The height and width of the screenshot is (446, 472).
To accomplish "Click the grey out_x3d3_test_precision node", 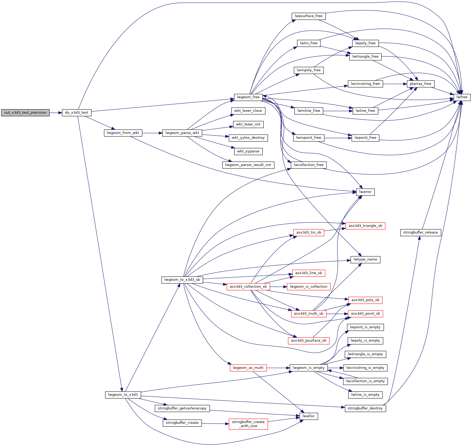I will (25, 113).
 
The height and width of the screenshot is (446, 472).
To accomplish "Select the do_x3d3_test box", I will (77, 113).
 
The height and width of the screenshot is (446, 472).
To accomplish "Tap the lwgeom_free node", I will (248, 97).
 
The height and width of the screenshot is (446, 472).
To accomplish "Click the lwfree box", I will (462, 97).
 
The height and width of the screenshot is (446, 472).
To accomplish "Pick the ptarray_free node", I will (421, 84).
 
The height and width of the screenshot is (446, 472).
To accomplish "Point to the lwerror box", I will (365, 192).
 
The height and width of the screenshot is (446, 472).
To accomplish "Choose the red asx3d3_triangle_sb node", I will (365, 226).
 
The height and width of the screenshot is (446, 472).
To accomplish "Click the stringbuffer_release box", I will (420, 232).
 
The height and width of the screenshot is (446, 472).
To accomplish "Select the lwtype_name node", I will (365, 259).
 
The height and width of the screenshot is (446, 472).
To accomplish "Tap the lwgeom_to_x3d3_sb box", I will (182, 280).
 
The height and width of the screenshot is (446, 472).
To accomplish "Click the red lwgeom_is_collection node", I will (308, 287).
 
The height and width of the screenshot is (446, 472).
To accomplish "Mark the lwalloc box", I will (309, 416).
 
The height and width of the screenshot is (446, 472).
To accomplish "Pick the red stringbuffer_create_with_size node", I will (248, 424).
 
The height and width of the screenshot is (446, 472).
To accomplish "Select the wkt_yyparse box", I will (248, 151).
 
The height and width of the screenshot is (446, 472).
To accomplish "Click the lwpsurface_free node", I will (308, 16).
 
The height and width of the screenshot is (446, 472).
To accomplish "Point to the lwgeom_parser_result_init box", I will (248, 165).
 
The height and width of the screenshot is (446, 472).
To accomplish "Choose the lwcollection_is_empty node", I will (365, 381).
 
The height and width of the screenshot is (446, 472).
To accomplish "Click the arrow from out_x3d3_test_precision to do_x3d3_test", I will (56, 113).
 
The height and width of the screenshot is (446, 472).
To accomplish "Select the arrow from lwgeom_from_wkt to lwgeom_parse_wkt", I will (152, 133).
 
